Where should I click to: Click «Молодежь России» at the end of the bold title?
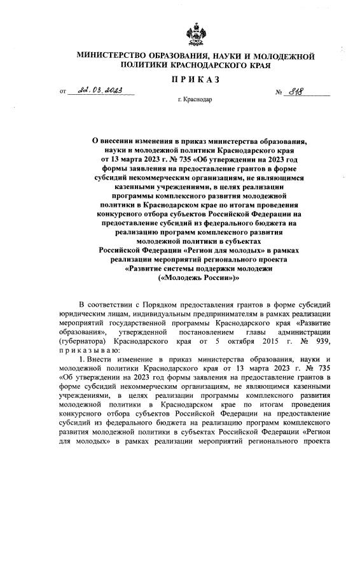196,279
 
